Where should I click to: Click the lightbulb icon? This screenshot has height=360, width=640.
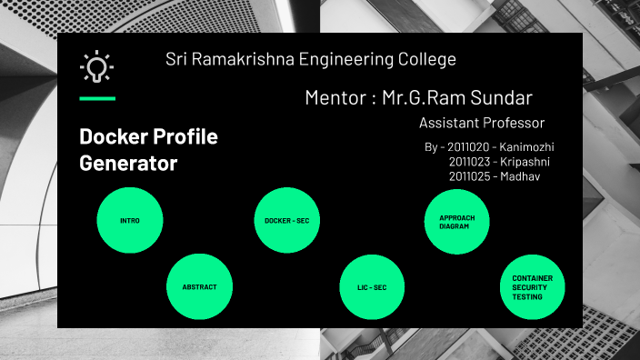pyautogui.click(x=96, y=66)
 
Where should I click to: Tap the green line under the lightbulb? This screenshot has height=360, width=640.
pyautogui.click(x=96, y=98)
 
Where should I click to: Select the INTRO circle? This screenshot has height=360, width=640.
pyautogui.click(x=130, y=221)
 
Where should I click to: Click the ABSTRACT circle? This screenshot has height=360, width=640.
pyautogui.click(x=199, y=286)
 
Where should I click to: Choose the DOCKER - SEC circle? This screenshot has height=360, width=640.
pyautogui.click(x=286, y=221)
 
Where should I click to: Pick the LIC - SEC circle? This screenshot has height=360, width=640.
pyautogui.click(x=372, y=287)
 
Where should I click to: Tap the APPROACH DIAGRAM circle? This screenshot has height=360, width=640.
pyautogui.click(x=457, y=221)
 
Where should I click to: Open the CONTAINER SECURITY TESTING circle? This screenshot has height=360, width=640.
pyautogui.click(x=533, y=287)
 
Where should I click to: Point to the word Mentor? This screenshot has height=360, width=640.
pyautogui.click(x=335, y=98)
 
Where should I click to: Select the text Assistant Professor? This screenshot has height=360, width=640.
pyautogui.click(x=482, y=123)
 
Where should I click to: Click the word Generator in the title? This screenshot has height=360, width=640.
pyautogui.click(x=128, y=165)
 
